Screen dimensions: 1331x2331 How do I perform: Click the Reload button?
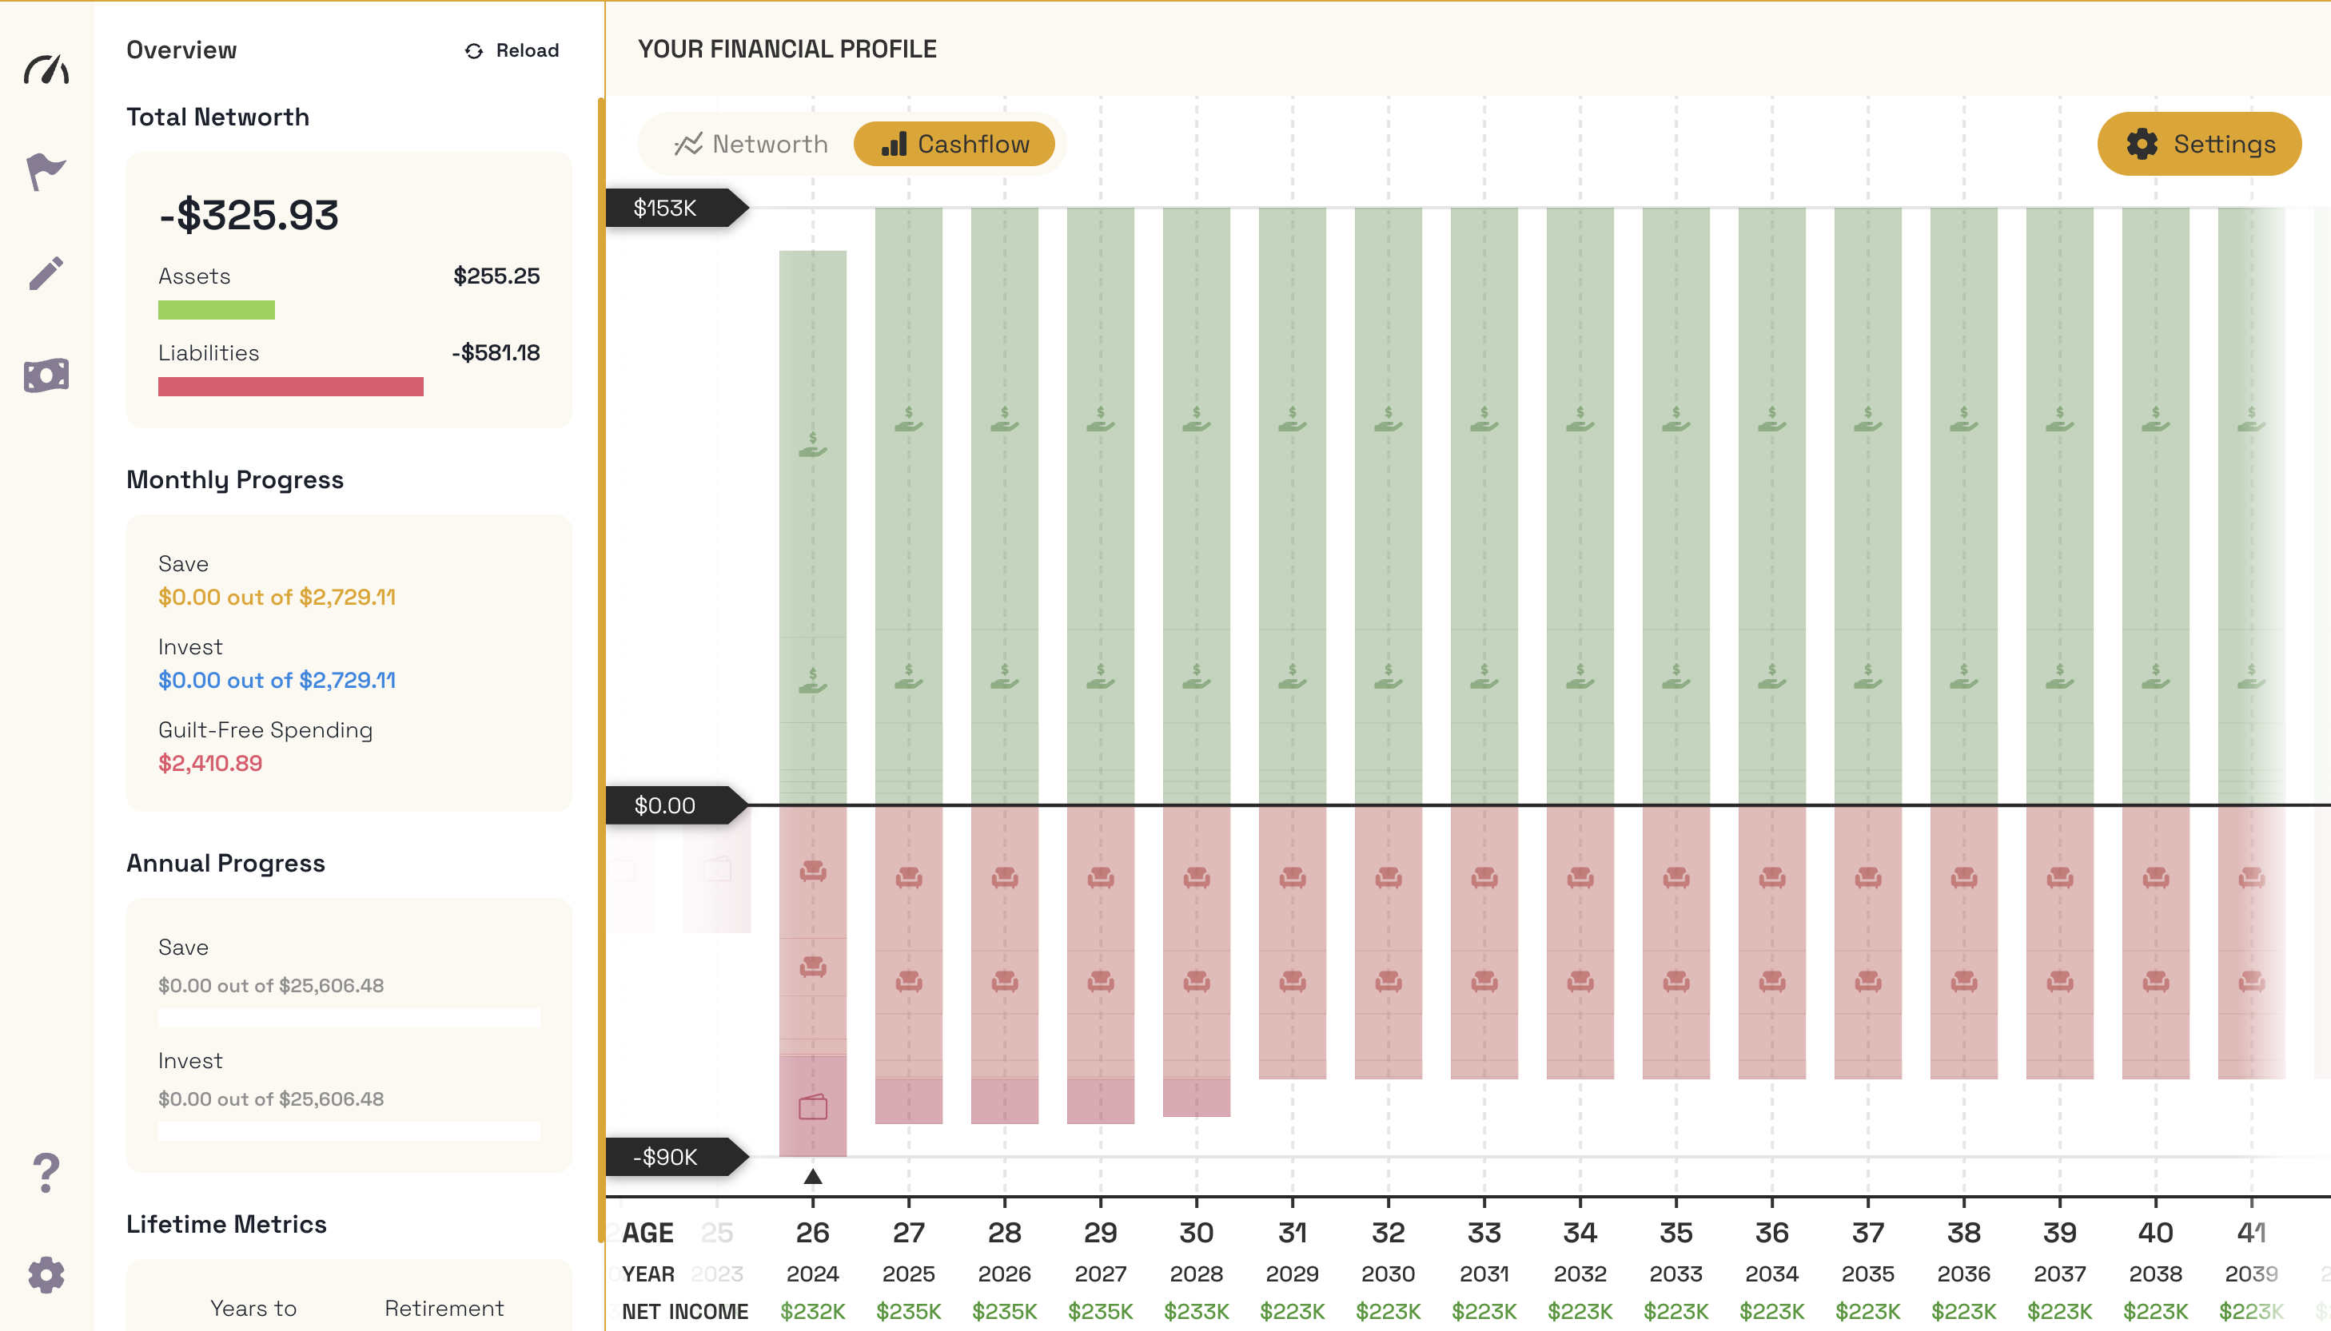512,50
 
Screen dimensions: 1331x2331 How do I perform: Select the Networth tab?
751,145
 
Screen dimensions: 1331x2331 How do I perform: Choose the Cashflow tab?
954,145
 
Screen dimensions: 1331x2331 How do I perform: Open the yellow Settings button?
2198,145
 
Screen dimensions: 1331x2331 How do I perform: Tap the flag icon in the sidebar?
46,171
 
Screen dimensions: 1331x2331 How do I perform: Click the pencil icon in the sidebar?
46,273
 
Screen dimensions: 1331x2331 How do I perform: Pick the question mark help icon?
46,1173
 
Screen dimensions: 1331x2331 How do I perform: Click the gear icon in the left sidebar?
46,1274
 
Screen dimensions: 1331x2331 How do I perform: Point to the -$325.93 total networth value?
249,216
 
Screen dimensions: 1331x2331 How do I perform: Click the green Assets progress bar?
216,310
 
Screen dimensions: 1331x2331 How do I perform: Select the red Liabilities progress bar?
290,387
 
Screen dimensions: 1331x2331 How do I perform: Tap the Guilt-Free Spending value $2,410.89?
210,763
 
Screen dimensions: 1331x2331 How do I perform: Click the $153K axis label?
666,209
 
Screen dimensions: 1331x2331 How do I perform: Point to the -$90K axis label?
666,1158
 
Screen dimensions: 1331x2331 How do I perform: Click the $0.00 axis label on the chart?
666,805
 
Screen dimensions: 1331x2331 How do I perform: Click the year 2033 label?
1676,1273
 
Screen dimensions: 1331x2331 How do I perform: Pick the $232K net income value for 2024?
812,1312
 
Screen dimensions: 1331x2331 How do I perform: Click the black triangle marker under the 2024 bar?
812,1177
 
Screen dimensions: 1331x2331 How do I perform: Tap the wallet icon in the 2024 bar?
812,1107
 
